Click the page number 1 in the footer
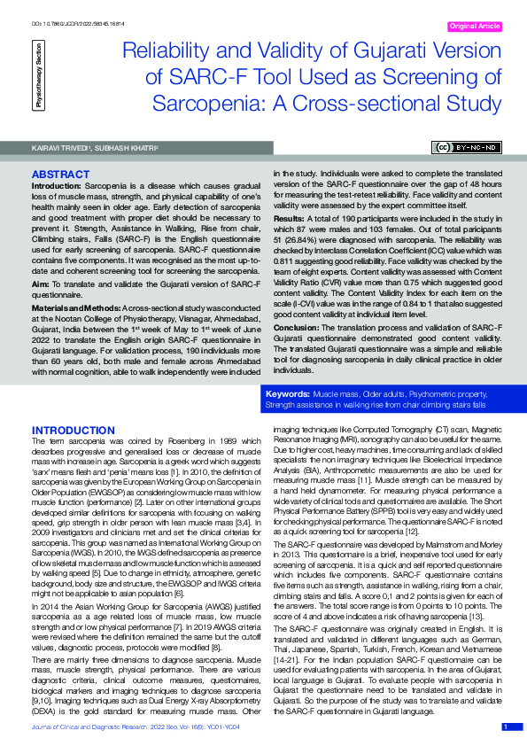click(x=506, y=727)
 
